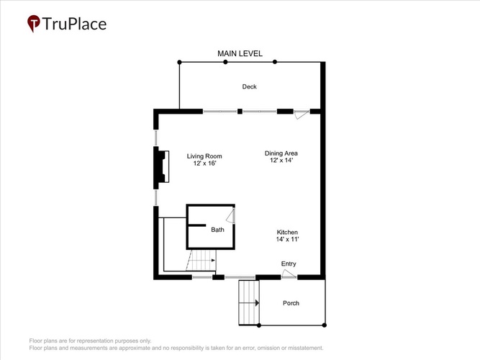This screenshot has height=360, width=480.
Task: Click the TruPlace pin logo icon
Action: [34, 23]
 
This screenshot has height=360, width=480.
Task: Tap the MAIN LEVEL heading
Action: [240, 53]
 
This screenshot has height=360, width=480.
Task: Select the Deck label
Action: [250, 86]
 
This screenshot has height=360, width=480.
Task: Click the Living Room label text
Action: [204, 156]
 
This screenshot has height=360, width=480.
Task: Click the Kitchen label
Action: [287, 233]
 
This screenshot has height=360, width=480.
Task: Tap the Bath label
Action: [217, 230]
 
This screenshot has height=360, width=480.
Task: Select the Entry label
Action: [289, 264]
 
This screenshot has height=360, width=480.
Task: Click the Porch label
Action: [291, 303]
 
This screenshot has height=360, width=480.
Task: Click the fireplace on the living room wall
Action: [161, 166]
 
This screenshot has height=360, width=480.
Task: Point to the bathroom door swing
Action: [231, 216]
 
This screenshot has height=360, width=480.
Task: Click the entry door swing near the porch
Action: [289, 274]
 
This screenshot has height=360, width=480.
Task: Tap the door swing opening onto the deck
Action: [302, 115]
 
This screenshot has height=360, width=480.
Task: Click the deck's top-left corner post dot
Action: [179, 62]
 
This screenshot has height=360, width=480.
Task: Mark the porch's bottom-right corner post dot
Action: [325, 325]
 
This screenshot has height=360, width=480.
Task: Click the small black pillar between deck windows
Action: [240, 111]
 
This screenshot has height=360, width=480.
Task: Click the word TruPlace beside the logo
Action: [74, 24]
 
